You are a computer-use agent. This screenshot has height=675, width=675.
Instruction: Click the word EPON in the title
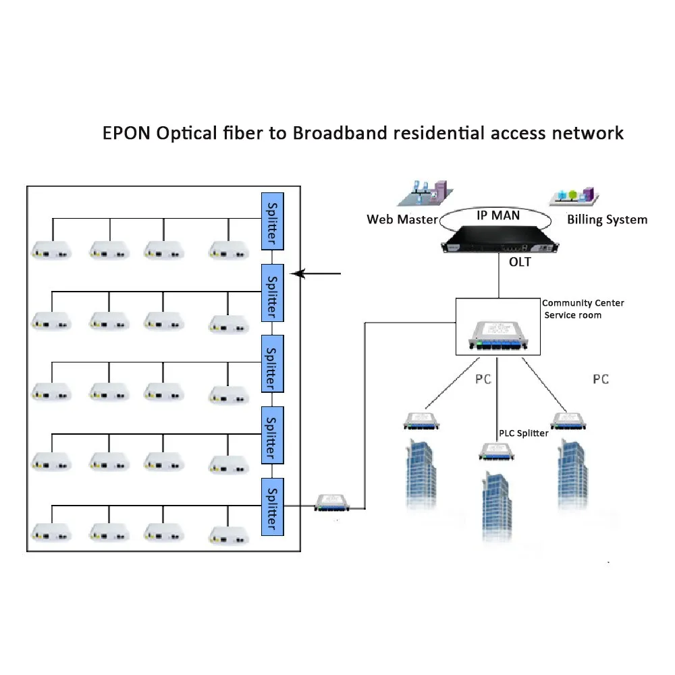pyautogui.click(x=126, y=132)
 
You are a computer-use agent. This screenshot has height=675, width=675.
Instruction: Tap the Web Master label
pyautogui.click(x=402, y=219)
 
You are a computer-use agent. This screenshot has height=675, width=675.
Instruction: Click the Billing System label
pyautogui.click(x=607, y=219)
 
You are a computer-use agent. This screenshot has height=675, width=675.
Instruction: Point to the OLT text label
pyautogui.click(x=519, y=262)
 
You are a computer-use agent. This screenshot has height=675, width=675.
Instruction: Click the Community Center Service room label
pyautogui.click(x=583, y=309)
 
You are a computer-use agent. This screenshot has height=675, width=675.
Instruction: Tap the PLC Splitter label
pyautogui.click(x=523, y=433)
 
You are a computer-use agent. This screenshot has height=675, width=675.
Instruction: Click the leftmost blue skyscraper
pyautogui.click(x=424, y=473)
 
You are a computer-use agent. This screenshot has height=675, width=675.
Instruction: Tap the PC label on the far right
pyautogui.click(x=600, y=379)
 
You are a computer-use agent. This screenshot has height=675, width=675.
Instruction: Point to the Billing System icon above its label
pyautogui.click(x=574, y=195)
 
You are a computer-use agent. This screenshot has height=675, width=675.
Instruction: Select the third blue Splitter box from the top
pyautogui.click(x=272, y=363)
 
